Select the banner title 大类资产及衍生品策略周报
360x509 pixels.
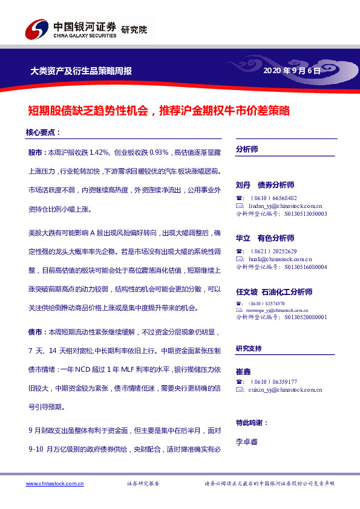tap(81, 71)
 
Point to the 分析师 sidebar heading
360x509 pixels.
tap(247, 149)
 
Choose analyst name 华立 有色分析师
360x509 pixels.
tap(265, 238)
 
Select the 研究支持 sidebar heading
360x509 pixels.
tap(249, 349)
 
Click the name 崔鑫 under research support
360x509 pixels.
tap(243, 369)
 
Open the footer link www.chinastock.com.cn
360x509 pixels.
tap(55, 484)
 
